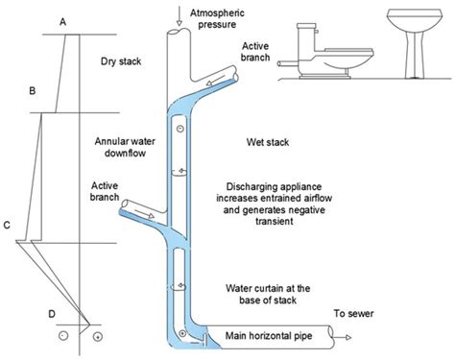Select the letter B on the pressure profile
(33, 91)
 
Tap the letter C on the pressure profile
(8, 226)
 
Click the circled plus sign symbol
(96, 338)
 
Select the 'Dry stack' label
(121, 63)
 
